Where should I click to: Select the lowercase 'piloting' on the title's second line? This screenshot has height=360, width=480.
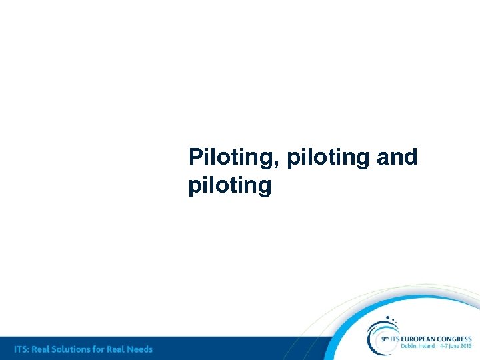[x=230, y=185]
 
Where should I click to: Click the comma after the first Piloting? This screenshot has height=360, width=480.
[x=282, y=164]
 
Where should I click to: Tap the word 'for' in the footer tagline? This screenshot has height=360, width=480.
[x=104, y=349]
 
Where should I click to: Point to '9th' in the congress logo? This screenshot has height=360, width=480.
[x=385, y=339]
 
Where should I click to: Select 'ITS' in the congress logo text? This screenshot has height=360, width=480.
[x=396, y=339]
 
